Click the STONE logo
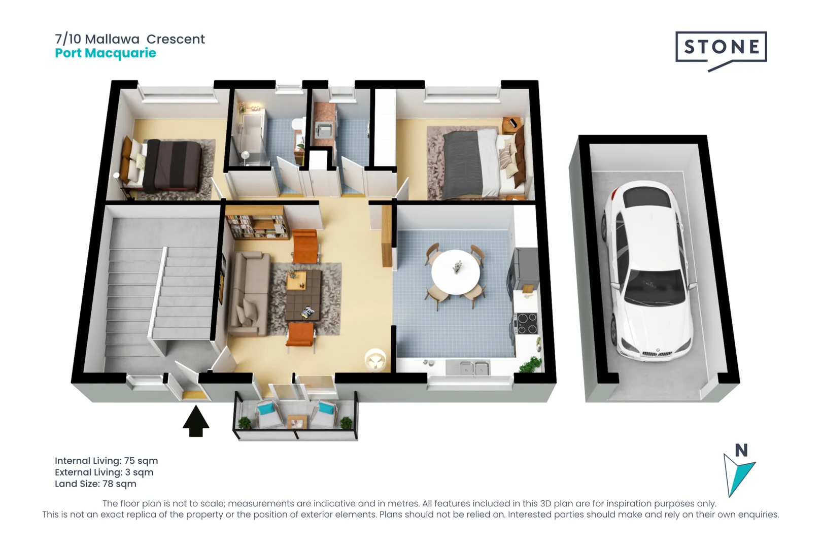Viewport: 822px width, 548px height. click(x=721, y=48)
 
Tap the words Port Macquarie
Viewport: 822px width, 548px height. click(x=106, y=53)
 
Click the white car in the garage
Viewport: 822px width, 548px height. click(x=651, y=271)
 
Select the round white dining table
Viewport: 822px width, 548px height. click(x=455, y=272)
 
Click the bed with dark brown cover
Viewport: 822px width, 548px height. click(x=170, y=166)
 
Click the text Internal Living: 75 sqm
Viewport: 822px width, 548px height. click(x=106, y=461)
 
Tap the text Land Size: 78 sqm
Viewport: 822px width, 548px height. click(x=95, y=484)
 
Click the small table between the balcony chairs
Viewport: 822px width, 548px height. click(x=296, y=421)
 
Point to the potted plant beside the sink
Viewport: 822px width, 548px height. click(x=531, y=364)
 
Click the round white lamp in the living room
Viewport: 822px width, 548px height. click(x=375, y=359)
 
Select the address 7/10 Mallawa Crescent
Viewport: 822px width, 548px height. click(x=129, y=39)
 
